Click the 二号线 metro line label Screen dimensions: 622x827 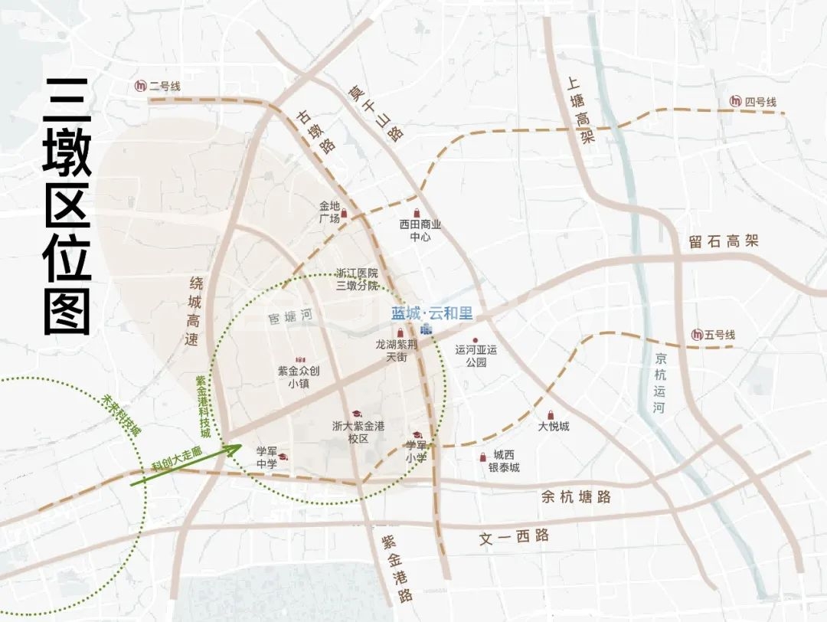(x=165, y=87)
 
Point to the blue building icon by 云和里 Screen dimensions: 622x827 (x=426, y=329)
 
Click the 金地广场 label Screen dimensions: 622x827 (x=329, y=212)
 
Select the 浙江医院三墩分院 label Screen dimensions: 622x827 (x=358, y=279)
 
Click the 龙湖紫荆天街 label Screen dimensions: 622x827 (x=397, y=351)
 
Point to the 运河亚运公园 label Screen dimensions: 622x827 (x=476, y=355)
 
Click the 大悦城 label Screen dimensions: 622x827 (x=554, y=426)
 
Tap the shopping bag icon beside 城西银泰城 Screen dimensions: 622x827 (x=482, y=457)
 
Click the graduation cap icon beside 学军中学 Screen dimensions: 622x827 (x=283, y=457)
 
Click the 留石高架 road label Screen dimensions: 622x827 (x=723, y=241)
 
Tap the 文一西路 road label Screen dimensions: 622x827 (x=514, y=536)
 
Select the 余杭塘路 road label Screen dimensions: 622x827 (x=576, y=497)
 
